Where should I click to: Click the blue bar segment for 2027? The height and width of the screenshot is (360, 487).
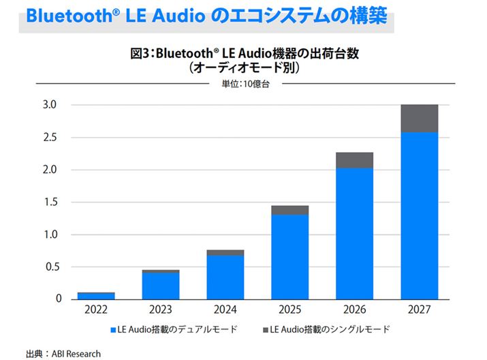419,215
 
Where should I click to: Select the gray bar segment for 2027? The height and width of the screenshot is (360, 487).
419,119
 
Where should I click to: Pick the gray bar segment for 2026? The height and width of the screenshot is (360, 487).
354,160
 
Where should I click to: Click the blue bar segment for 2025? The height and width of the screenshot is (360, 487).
290,256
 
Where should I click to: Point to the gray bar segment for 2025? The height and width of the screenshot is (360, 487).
290,210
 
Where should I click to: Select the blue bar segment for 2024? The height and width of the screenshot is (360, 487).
225,277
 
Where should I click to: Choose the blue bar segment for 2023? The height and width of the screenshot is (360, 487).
161,286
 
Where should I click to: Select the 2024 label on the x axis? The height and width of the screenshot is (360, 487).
225,309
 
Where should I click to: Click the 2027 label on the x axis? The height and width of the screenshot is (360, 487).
419,309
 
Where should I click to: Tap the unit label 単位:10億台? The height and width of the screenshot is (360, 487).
245,85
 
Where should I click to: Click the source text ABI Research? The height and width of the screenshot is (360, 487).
77,353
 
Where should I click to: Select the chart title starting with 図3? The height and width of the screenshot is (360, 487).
245,54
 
